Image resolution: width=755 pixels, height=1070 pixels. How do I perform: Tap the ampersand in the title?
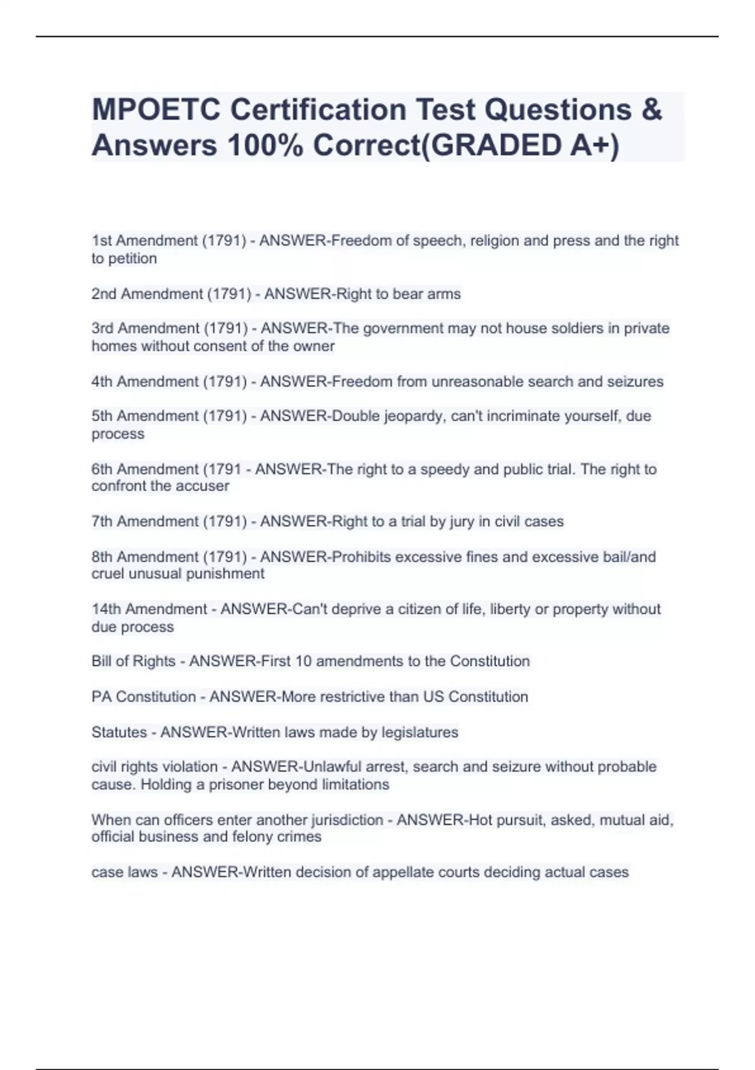652,110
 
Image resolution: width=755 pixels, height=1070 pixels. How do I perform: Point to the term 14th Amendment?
149,609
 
